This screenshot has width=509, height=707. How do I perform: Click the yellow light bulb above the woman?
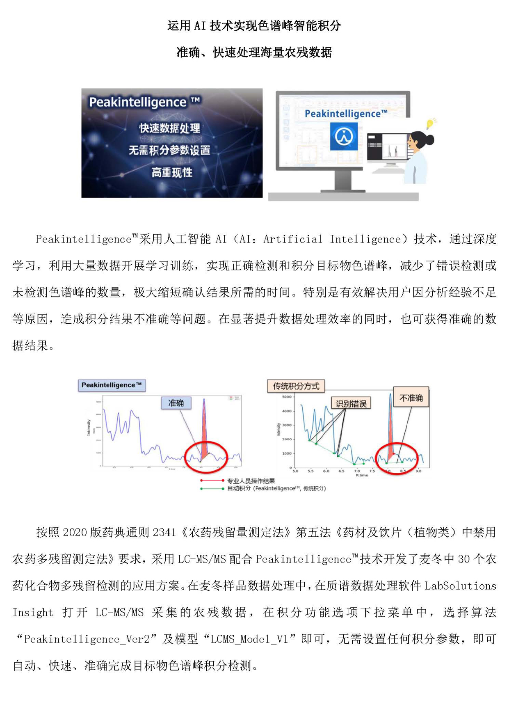tap(430, 123)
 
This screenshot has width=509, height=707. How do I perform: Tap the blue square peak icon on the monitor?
tap(343, 136)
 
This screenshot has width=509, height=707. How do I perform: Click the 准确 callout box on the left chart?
tap(176, 403)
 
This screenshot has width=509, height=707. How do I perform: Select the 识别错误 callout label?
tap(351, 403)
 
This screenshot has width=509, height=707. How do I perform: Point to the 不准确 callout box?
tap(411, 397)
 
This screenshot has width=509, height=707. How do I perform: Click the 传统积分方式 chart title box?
tap(296, 386)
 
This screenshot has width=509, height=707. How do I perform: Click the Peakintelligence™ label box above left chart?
tap(112, 385)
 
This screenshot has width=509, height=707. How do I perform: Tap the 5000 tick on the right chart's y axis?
tap(287, 397)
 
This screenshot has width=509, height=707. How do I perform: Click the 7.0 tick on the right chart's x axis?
tap(357, 471)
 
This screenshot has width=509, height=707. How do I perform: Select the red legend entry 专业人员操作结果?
tap(251, 480)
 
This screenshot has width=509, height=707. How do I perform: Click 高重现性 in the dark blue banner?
tap(172, 172)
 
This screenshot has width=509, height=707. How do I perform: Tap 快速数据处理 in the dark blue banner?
tap(169, 128)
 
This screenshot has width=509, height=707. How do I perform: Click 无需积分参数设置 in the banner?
tap(169, 150)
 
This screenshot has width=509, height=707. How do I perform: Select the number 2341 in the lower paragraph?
tap(164, 532)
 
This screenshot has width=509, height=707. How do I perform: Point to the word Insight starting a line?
tap(33, 612)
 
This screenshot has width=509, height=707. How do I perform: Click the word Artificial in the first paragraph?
tap(293, 239)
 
